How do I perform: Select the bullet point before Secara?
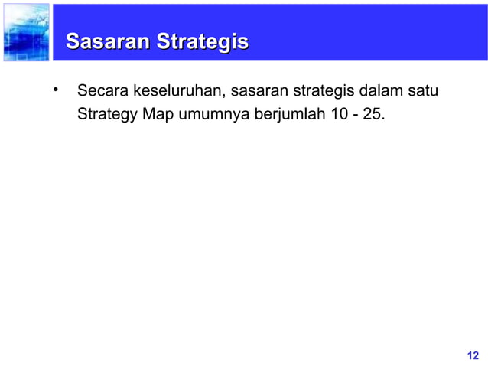click(x=56, y=91)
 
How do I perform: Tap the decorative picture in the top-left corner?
click(x=25, y=32)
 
